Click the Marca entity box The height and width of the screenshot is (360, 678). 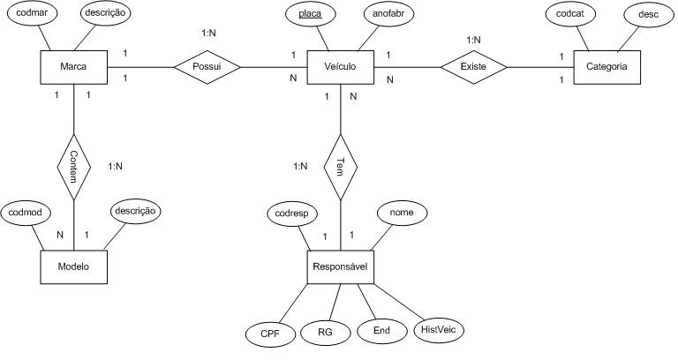click(74, 67)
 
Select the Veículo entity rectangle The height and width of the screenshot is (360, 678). click(340, 67)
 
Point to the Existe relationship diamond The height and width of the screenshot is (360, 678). click(473, 67)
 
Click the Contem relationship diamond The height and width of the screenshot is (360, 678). click(74, 166)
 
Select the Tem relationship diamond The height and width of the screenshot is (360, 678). click(340, 166)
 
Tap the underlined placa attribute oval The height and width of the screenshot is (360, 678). click(310, 15)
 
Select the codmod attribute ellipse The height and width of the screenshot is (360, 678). click(28, 213)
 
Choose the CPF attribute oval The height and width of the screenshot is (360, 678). click(269, 333)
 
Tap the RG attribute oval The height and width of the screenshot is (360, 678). click(324, 333)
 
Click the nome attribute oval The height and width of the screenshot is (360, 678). click(403, 213)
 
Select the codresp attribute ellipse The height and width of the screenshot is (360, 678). click(292, 214)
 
